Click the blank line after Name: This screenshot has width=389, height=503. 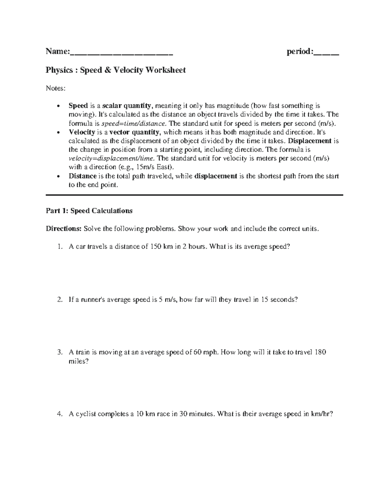click(x=121, y=52)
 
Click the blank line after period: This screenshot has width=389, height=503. click(x=326, y=52)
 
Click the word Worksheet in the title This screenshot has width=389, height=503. click(x=166, y=70)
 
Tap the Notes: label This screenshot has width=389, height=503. click(x=55, y=88)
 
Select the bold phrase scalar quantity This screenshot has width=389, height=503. click(x=127, y=106)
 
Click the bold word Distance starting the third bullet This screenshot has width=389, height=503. click(x=82, y=176)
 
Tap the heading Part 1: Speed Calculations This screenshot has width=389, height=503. click(x=89, y=211)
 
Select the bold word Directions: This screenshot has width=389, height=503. click(x=64, y=229)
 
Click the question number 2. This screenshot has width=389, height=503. click(x=59, y=300)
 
